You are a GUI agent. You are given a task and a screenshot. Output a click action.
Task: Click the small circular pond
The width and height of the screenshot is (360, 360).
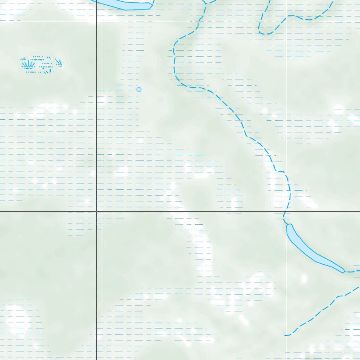[139, 90]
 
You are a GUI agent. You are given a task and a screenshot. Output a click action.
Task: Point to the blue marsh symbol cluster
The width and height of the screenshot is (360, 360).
[41, 64]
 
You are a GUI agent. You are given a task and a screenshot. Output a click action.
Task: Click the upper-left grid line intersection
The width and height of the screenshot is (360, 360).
[96, 22]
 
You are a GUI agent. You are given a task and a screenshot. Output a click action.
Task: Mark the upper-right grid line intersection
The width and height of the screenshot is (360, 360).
[286, 22]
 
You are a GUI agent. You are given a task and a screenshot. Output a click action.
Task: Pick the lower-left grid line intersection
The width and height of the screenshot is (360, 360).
[96, 211]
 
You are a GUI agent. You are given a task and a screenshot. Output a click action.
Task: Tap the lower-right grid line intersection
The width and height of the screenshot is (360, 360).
[286, 211]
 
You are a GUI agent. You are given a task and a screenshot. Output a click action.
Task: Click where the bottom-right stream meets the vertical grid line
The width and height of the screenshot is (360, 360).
[286, 335]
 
